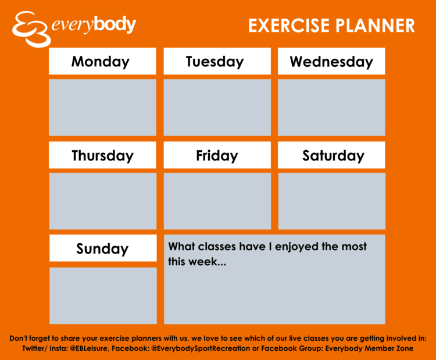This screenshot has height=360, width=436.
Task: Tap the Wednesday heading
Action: tap(331, 61)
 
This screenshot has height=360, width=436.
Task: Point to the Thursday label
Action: tap(102, 155)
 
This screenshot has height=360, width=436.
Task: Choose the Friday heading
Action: tap(217, 155)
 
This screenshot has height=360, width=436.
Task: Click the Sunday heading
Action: tap(103, 248)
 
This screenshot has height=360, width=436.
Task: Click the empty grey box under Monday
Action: tap(102, 108)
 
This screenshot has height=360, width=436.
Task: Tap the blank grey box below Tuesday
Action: tap(217, 108)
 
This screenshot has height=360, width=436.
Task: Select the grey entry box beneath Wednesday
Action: tap(331, 108)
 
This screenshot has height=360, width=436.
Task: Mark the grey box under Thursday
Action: tap(103, 201)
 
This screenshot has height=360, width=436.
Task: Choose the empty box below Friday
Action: tap(217, 201)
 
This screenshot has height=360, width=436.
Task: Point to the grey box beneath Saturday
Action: tap(332, 201)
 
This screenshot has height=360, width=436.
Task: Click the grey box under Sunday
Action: tap(103, 295)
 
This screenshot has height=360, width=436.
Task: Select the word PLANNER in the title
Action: tap(375, 26)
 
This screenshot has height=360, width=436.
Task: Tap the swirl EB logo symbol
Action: tap(31, 29)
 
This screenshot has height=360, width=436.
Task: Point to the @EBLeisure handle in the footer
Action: tap(89, 348)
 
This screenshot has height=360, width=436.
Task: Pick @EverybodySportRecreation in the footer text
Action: tap(201, 348)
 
